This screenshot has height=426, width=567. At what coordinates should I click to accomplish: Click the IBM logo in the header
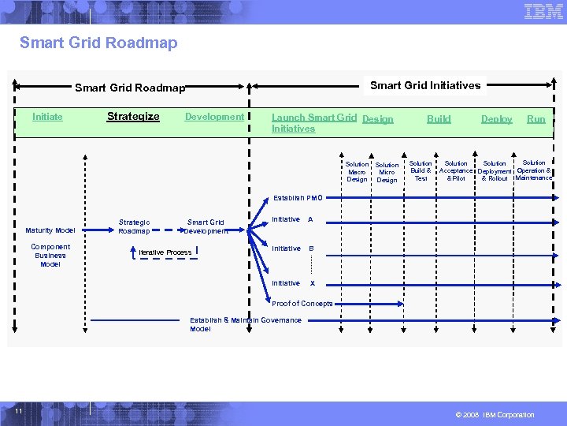(x=543, y=11)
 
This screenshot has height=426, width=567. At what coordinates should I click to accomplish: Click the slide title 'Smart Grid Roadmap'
(x=98, y=43)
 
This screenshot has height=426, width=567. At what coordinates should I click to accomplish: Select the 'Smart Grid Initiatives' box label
(x=425, y=85)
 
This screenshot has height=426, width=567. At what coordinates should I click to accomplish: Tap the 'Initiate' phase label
(x=47, y=117)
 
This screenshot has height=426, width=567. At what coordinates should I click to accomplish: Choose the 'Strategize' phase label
(x=133, y=117)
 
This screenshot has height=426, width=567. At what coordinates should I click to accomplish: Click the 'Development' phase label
(x=214, y=117)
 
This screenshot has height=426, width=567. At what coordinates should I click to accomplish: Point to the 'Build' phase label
(x=439, y=119)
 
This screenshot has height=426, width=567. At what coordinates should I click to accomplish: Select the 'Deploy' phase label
(x=496, y=119)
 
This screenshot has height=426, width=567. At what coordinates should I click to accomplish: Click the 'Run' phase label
(x=535, y=119)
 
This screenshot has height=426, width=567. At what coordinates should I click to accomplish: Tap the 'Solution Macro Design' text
(x=357, y=172)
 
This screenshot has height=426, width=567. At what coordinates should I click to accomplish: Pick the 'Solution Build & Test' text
(x=421, y=171)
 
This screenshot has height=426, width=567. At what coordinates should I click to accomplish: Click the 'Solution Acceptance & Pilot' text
(x=456, y=171)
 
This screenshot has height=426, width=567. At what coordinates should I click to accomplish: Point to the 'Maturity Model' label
(x=50, y=230)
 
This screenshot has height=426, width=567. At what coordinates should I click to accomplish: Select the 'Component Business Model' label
(x=50, y=256)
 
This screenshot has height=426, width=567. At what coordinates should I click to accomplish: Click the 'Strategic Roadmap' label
(x=134, y=226)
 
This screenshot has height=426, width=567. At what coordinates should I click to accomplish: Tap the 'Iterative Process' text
(x=165, y=252)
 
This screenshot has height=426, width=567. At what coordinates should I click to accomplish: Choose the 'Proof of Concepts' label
(x=302, y=304)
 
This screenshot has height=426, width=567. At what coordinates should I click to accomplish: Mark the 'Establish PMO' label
(x=298, y=198)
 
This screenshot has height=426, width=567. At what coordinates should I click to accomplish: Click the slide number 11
(x=17, y=412)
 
